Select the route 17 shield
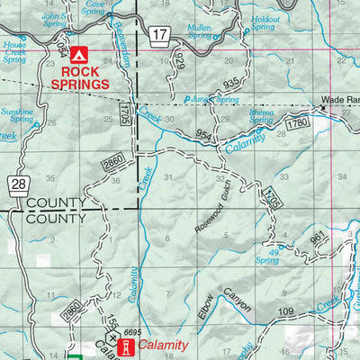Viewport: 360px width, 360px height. coord(160,35)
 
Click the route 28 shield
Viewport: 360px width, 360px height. coord(19,184)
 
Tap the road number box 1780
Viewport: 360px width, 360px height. coord(298,121)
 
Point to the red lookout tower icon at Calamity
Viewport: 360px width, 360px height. coord(128,346)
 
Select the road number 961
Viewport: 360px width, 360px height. coord(317,238)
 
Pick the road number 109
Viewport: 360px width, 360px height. coord(286,312)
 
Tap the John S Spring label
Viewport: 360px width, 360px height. coord(53,19)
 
